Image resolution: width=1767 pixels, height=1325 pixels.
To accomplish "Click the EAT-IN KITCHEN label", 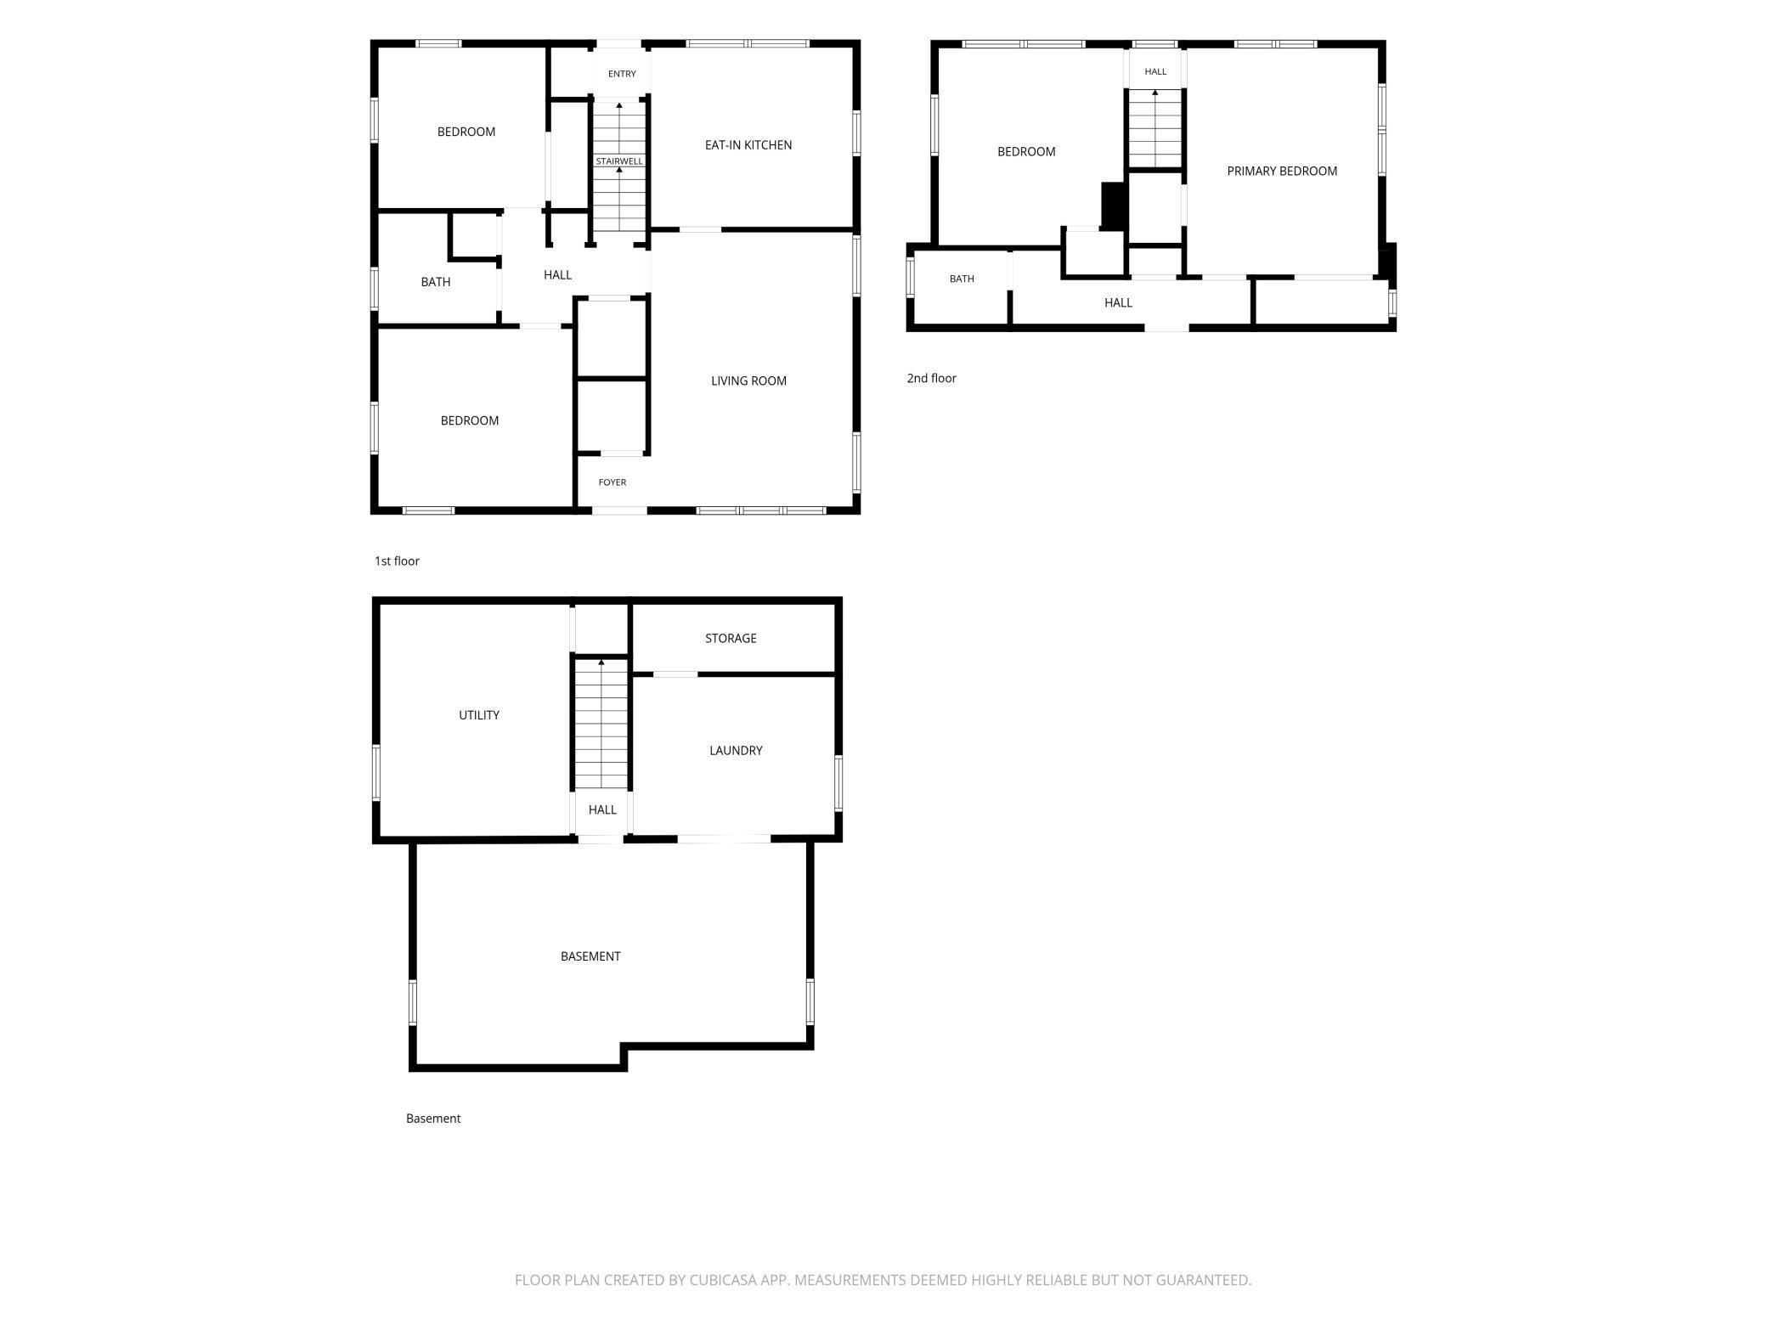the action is click(748, 145).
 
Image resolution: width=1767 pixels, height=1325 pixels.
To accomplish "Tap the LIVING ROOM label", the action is click(748, 381).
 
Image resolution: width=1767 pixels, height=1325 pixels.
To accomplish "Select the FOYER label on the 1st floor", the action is click(613, 482).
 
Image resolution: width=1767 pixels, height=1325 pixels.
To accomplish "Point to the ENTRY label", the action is click(622, 74).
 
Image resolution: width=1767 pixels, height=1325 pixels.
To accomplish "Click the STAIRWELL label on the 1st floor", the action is click(619, 161).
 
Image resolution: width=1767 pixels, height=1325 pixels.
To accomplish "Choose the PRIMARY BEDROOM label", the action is click(1282, 172).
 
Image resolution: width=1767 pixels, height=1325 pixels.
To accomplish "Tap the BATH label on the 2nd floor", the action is click(962, 279).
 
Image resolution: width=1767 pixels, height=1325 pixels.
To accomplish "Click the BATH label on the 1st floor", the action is click(436, 282).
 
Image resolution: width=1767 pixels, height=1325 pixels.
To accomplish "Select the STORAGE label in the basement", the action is click(731, 639).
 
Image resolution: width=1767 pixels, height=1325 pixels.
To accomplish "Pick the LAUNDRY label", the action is click(736, 751).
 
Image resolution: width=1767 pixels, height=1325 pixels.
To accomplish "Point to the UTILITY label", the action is click(479, 715).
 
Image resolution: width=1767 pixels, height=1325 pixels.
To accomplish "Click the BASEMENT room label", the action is click(590, 956).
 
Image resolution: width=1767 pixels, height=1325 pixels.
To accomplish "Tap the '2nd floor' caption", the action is click(931, 378).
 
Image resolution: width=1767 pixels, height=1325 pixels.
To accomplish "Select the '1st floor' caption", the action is click(397, 561).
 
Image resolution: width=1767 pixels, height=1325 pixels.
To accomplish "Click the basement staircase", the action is click(601, 724).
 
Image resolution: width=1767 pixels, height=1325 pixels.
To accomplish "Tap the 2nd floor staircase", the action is click(1155, 128).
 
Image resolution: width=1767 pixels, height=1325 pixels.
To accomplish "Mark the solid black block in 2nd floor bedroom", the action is click(1114, 206).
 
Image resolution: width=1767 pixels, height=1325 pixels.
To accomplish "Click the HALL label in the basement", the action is click(602, 810).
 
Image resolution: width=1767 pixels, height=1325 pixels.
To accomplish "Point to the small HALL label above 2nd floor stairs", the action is click(1155, 72).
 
